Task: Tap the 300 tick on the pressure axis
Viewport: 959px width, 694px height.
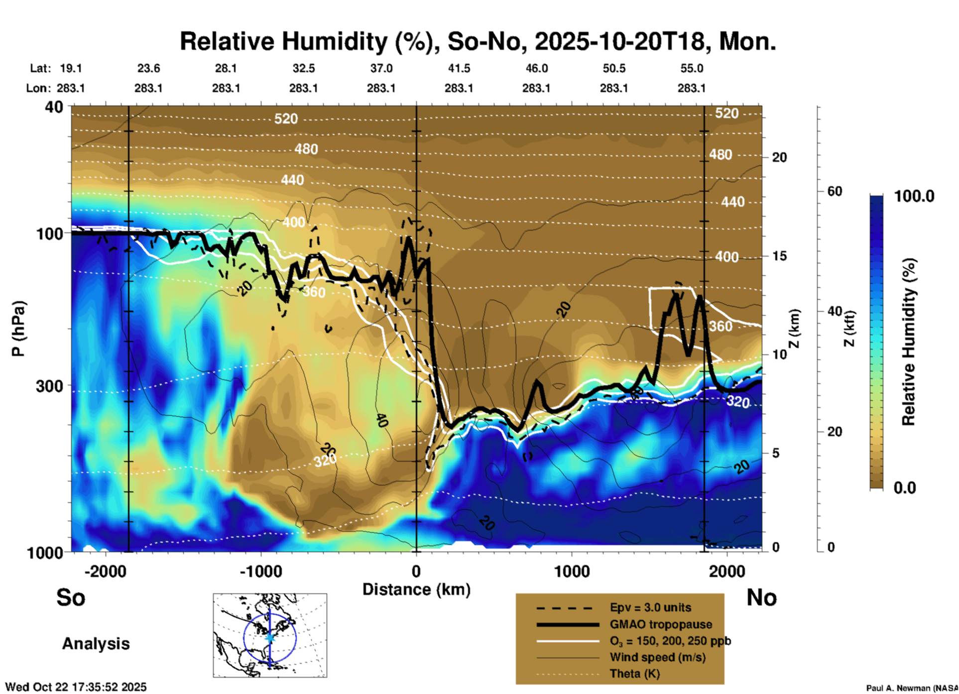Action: click(49, 386)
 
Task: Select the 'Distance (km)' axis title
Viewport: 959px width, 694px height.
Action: click(416, 589)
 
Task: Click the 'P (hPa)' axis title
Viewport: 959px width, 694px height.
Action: click(18, 329)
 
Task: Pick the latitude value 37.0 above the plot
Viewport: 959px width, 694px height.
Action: click(381, 68)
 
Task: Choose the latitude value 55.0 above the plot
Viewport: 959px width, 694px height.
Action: click(692, 68)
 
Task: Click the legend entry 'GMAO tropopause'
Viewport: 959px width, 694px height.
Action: click(661, 624)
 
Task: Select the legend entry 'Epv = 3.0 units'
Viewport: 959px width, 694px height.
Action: click(650, 607)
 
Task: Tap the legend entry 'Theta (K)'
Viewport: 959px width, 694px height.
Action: click(634, 674)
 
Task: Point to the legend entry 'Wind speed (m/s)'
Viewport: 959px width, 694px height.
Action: click(657, 657)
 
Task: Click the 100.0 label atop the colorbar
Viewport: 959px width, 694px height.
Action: click(914, 196)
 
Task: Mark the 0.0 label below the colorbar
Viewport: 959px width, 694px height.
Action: click(905, 488)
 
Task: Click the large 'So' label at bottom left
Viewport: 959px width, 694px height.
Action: click(71, 597)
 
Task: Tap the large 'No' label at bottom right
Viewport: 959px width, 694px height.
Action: click(761, 597)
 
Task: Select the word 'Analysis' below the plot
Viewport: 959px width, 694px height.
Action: click(96, 644)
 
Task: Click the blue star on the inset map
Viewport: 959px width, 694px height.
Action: click(270, 637)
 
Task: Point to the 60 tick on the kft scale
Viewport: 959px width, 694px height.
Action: click(835, 191)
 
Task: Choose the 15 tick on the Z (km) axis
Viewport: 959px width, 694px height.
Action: click(779, 256)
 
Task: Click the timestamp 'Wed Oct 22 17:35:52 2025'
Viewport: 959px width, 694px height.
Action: click(76, 687)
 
